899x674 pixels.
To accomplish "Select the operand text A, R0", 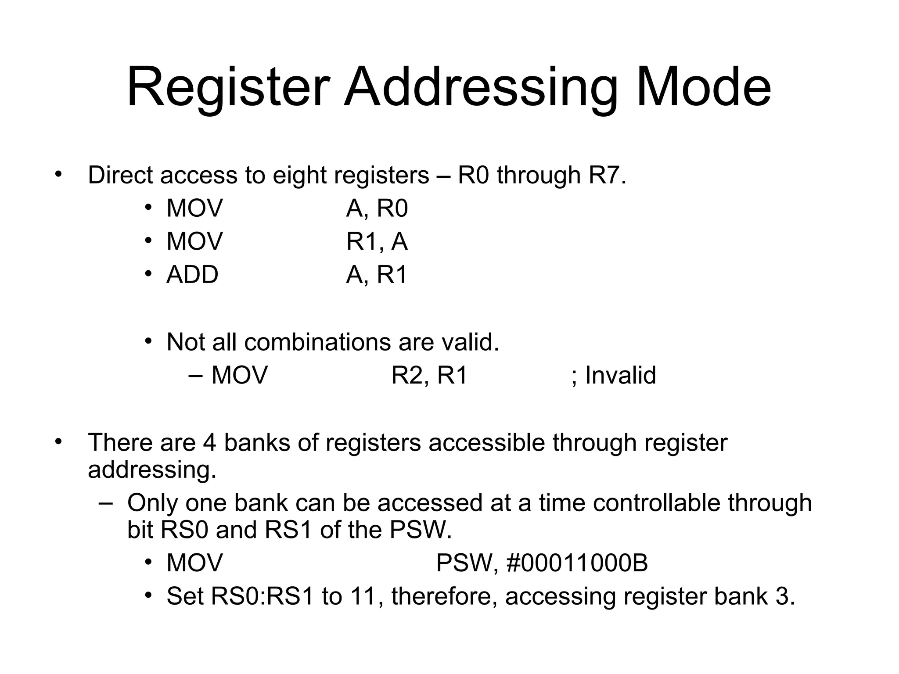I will [377, 208].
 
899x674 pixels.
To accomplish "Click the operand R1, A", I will [377, 242].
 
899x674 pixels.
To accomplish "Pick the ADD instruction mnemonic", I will [192, 275].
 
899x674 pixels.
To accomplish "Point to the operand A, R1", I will [377, 275].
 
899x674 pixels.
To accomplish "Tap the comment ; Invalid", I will [614, 376].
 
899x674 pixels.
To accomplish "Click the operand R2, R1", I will [429, 376].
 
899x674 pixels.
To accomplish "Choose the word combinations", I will [317, 342].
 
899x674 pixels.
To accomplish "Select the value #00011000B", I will [577, 563].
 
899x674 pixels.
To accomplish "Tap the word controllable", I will [657, 503].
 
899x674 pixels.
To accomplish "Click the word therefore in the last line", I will [444, 597].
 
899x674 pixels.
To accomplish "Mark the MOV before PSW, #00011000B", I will [194, 563].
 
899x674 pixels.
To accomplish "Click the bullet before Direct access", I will [59, 174].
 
